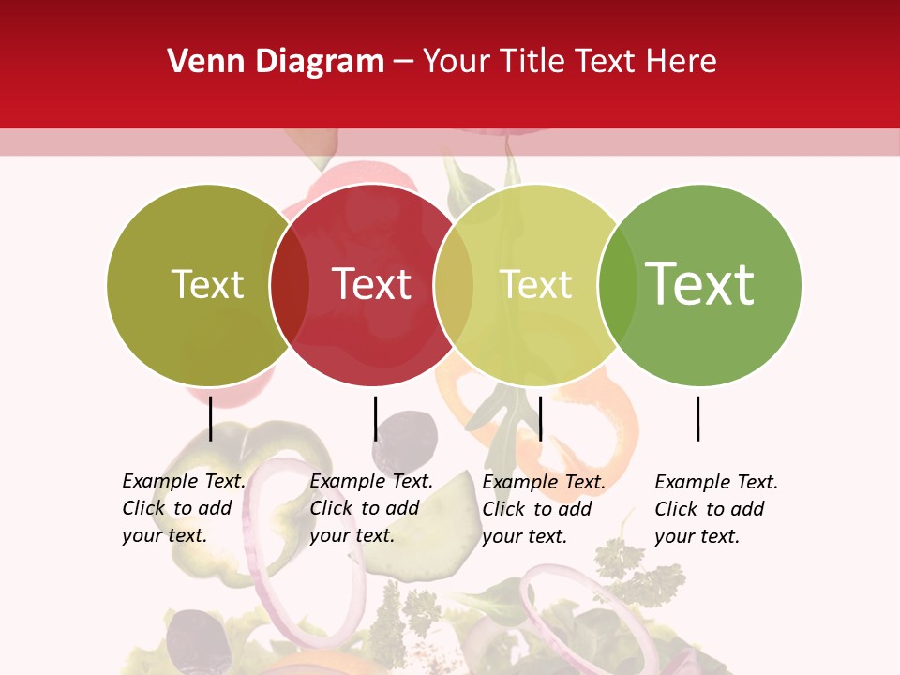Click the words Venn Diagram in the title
(276, 62)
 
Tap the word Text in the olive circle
(207, 284)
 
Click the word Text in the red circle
(371, 284)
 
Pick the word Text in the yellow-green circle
(535, 284)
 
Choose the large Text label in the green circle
(699, 283)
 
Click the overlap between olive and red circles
(290, 285)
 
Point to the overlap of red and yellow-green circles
(454, 285)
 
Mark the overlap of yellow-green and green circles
(617, 285)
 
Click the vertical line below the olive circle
(211, 418)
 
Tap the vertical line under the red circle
(375, 418)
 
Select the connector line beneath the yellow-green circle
(540, 418)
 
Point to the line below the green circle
(697, 418)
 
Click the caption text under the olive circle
(183, 508)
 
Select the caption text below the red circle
(370, 508)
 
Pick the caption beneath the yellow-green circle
(543, 509)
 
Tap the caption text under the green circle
(715, 509)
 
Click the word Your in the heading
(457, 62)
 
